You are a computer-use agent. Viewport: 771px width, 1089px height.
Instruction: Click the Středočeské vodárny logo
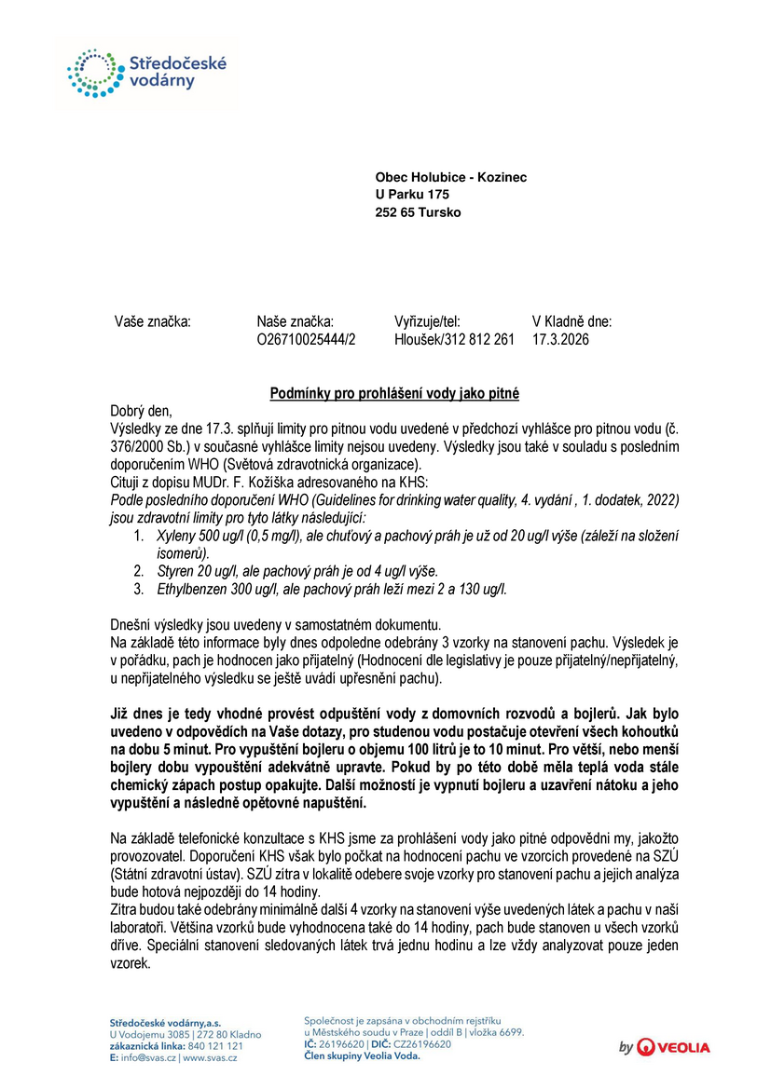point(146,73)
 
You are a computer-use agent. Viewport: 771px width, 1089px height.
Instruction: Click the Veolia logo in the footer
point(665,1047)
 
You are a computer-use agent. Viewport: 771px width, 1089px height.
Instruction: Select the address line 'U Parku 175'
point(412,195)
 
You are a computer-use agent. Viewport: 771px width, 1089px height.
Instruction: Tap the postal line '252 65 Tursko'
point(418,212)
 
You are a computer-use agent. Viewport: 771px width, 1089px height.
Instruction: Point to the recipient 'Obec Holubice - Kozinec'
point(450,177)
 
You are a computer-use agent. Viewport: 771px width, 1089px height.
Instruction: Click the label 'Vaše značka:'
point(152,321)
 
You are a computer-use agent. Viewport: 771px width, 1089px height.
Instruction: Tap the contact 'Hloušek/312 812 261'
point(454,340)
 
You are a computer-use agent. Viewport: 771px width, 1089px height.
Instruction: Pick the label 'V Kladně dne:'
point(571,321)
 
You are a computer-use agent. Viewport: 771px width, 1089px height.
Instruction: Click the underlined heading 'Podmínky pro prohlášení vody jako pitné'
point(394,394)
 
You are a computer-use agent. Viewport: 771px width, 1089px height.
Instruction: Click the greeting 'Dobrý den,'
point(141,411)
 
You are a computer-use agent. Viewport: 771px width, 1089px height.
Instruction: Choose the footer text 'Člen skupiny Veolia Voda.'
point(362,1056)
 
